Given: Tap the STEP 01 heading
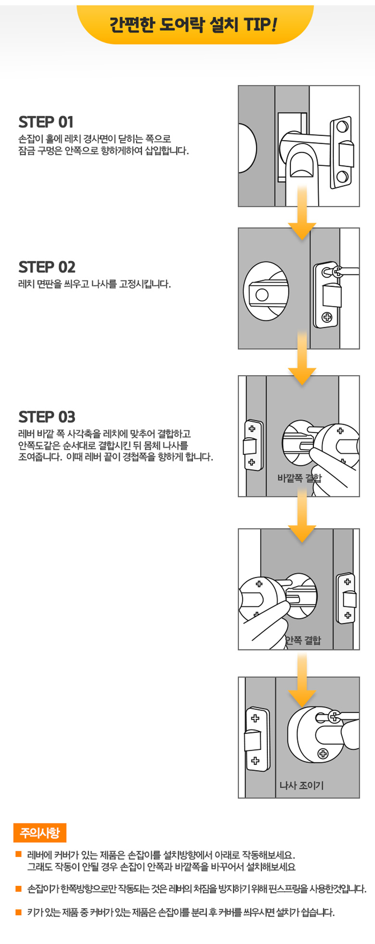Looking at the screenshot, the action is tap(46, 122).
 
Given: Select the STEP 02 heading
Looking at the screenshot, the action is tap(47, 267).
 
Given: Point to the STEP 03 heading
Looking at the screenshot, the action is tap(47, 417).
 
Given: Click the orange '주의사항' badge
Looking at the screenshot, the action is tap(40, 833).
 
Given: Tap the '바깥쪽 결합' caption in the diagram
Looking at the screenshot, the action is tap(299, 478).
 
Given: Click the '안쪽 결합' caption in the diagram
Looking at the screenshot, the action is tap(302, 640).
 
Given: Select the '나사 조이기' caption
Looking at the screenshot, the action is tap(301, 785).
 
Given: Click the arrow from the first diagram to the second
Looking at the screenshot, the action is tap(302, 211).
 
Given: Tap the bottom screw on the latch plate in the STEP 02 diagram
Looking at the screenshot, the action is tap(327, 317).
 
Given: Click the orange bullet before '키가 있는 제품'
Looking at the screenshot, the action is tap(19, 912).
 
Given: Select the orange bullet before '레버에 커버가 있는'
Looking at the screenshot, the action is tap(19, 854).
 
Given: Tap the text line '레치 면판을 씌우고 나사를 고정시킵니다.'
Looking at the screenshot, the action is tap(94, 284).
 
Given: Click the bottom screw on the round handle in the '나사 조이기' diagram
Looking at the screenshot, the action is tap(323, 754).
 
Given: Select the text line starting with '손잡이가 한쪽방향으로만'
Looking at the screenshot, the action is tap(196, 889).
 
